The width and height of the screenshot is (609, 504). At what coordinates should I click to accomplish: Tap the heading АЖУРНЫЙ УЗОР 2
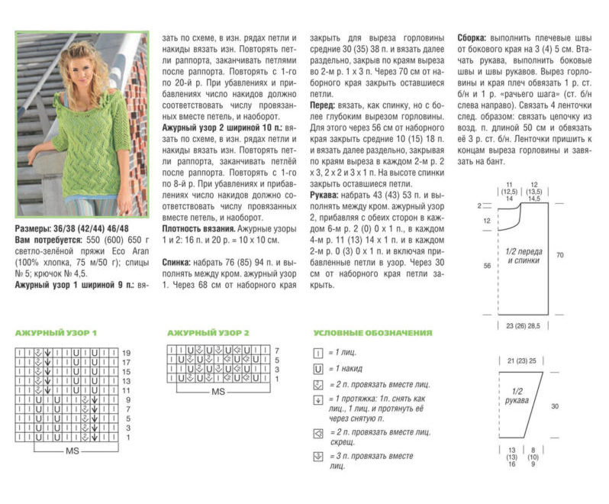208,333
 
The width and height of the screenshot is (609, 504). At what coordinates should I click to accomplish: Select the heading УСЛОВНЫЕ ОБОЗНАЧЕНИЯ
372,333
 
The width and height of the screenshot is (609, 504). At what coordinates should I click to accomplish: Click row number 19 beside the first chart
127,353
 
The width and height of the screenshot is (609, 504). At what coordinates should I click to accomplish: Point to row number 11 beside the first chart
127,389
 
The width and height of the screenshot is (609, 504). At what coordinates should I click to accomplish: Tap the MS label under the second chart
218,392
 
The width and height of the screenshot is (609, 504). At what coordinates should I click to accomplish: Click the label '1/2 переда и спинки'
524,256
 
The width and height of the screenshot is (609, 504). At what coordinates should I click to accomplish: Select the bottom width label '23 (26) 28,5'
524,325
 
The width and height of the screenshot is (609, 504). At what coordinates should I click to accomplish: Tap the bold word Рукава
327,195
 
